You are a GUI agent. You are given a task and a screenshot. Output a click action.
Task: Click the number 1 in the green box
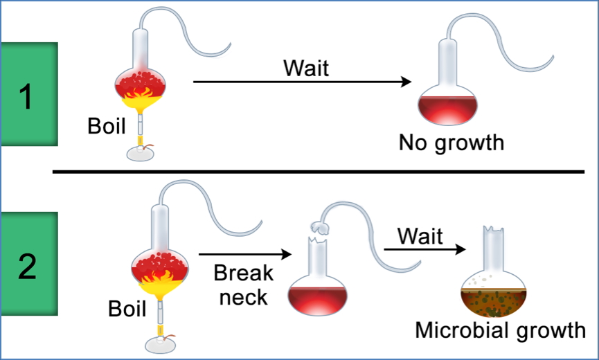(26, 96)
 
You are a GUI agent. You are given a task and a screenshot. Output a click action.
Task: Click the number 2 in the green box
(27, 267)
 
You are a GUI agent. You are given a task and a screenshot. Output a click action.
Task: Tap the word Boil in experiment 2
(127, 308)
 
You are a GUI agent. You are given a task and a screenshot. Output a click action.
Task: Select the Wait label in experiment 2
(420, 236)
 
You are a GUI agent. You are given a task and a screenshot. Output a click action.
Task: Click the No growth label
(451, 143)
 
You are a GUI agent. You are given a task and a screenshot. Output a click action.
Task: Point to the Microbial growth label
(500, 330)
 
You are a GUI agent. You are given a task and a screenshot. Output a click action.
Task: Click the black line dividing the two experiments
(319, 171)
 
